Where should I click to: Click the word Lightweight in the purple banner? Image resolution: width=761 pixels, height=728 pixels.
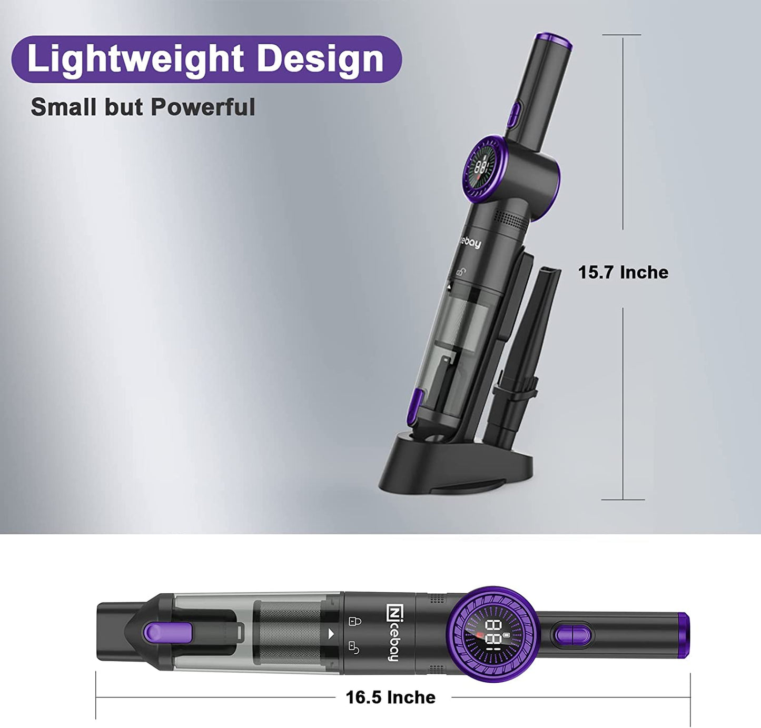pyautogui.click(x=135, y=58)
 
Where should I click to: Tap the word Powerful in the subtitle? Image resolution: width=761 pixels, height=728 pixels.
pyautogui.click(x=203, y=107)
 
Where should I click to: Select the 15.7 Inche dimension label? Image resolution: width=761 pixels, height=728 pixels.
pyautogui.click(x=623, y=272)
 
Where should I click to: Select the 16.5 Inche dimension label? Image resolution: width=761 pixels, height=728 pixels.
pyautogui.click(x=390, y=697)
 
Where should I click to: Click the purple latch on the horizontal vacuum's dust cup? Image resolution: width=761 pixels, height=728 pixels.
pyautogui.click(x=167, y=633)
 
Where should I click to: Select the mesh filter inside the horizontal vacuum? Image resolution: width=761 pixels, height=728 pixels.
pyautogui.click(x=289, y=633)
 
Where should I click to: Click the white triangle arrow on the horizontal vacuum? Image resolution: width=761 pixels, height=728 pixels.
pyautogui.click(x=331, y=634)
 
